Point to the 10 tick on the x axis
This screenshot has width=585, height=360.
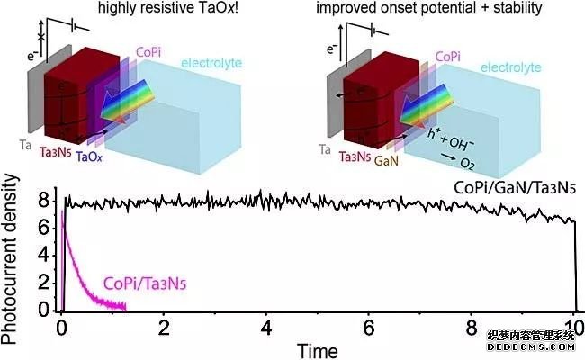click(574, 326)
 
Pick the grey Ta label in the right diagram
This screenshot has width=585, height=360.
click(329, 142)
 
